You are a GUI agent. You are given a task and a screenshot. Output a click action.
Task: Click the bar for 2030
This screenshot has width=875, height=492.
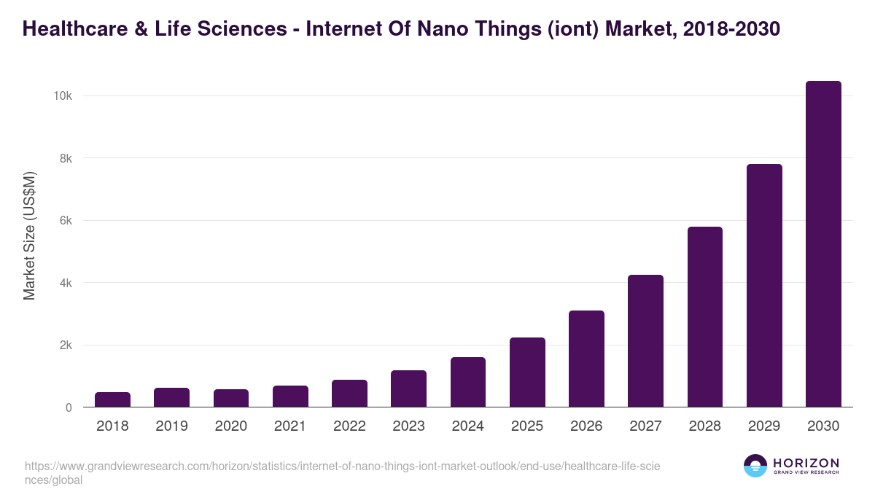pyautogui.click(x=823, y=244)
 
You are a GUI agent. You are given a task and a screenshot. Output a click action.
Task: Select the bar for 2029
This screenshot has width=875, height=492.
pyautogui.click(x=764, y=286)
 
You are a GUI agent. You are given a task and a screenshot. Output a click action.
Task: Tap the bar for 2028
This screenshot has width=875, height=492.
pyautogui.click(x=704, y=317)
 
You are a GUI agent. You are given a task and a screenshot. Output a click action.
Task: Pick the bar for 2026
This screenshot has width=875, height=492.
pyautogui.click(x=586, y=359)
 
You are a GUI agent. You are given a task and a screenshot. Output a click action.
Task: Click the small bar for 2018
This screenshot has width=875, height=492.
pyautogui.click(x=112, y=400)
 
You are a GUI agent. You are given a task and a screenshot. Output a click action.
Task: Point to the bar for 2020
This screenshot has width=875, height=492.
pyautogui.click(x=231, y=399)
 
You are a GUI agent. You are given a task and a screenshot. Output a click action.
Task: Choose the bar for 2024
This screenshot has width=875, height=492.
pyautogui.click(x=467, y=382)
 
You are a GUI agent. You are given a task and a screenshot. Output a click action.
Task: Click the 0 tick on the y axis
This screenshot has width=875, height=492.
pyautogui.click(x=69, y=407)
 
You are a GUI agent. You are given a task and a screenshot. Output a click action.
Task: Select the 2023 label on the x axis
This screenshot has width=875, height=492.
pyautogui.click(x=408, y=426)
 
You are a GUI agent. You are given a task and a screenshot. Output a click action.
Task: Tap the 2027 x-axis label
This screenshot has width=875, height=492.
pyautogui.click(x=645, y=426)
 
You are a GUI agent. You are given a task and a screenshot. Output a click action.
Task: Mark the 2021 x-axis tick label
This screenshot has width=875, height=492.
pyautogui.click(x=290, y=426)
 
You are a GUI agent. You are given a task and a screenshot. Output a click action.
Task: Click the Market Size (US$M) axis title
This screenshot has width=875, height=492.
pyautogui.click(x=29, y=235)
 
